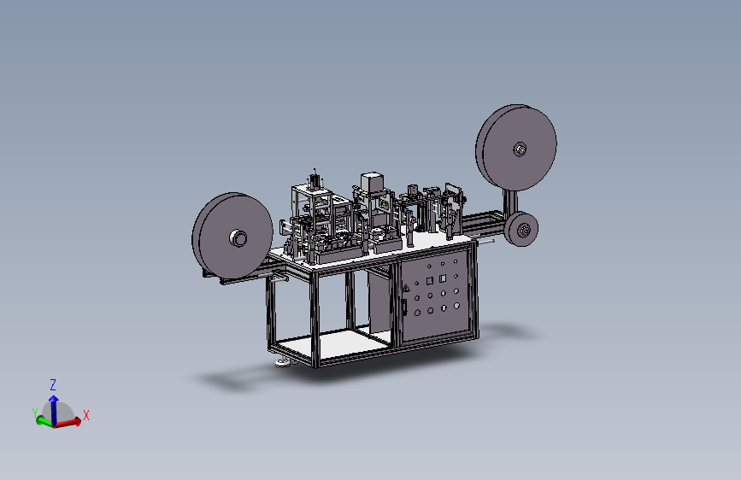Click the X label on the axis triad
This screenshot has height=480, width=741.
tap(86, 415)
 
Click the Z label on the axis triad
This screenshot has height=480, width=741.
tap(53, 384)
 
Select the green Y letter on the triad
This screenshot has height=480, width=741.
tap(34, 413)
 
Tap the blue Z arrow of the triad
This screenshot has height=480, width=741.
tap(54, 409)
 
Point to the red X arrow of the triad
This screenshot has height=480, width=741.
tap(68, 422)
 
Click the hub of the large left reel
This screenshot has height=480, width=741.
tap(238, 238)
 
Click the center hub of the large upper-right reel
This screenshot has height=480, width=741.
tap(520, 149)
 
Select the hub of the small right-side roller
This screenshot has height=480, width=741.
tap(524, 231)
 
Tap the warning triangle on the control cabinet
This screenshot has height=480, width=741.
tap(405, 288)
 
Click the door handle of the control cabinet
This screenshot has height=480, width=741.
tap(404, 307)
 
